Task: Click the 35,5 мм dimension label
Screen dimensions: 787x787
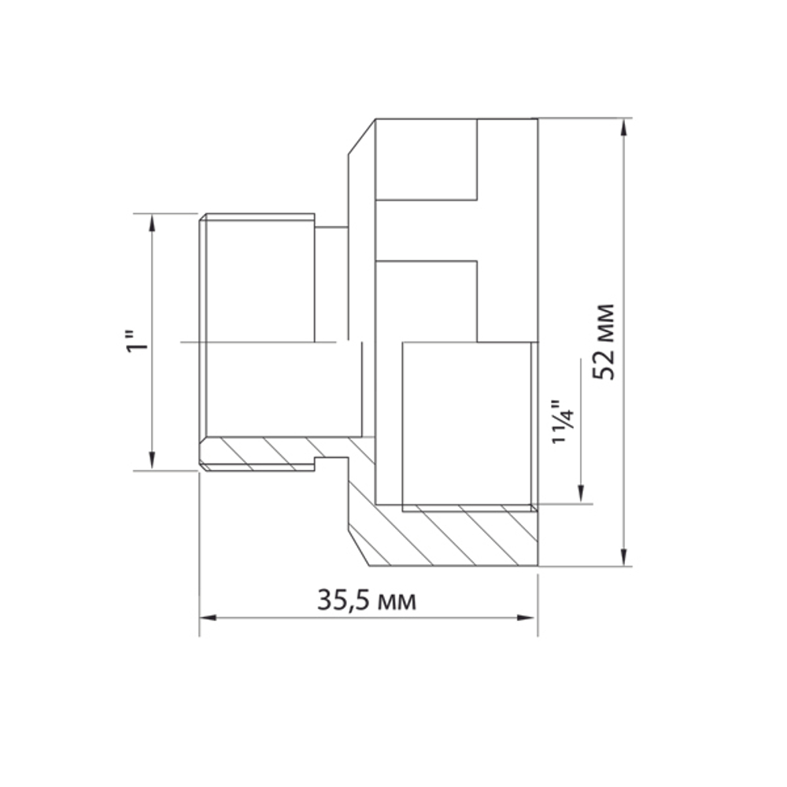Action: (x=367, y=600)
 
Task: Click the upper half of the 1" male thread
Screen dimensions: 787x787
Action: (x=260, y=279)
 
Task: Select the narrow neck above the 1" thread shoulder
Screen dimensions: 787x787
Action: (x=331, y=283)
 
